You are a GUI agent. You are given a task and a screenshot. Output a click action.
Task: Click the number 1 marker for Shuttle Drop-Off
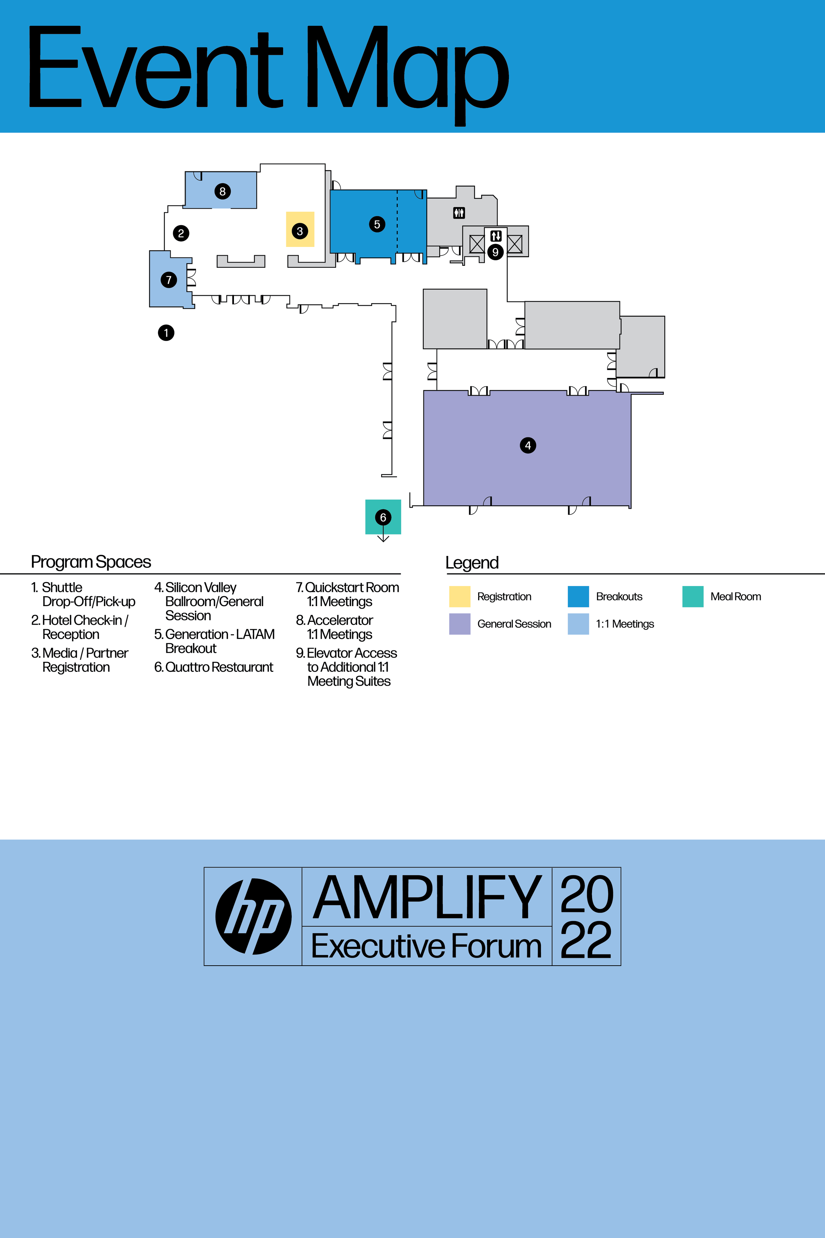[166, 333]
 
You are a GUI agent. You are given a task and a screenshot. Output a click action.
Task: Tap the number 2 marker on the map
[181, 233]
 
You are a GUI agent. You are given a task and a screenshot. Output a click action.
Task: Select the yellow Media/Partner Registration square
[300, 229]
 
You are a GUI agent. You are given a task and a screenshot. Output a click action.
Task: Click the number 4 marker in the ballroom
[528, 445]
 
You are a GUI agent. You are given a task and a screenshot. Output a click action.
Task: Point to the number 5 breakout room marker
[377, 224]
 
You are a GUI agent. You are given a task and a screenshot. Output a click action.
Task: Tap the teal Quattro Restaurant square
[383, 517]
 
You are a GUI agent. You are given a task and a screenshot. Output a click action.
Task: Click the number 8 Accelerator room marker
[222, 191]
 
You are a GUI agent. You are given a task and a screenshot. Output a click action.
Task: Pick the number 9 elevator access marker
[495, 252]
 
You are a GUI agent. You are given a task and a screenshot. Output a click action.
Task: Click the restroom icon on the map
[459, 213]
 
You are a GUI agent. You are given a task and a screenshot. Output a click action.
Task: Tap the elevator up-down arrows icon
[496, 236]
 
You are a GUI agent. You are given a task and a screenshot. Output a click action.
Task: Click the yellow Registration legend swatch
[459, 596]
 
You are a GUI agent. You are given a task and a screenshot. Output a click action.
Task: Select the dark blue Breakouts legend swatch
[578, 596]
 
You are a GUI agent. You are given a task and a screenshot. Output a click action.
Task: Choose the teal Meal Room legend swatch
[692, 596]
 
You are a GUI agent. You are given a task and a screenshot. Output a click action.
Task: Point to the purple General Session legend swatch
[459, 624]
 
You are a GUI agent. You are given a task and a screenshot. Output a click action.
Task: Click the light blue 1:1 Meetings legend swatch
[578, 624]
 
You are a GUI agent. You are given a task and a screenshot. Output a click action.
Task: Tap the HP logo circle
[253, 916]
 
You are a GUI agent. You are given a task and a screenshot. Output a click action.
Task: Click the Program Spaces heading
[91, 562]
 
